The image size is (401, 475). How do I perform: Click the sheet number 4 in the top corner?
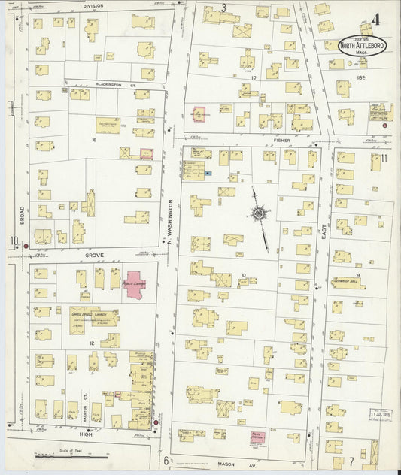[384, 17]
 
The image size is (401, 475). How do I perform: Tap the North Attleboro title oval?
[364, 46]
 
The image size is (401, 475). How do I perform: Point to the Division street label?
[93, 5]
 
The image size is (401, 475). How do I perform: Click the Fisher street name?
[282, 139]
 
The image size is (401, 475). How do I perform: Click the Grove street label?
[93, 256]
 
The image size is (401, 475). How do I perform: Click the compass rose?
[259, 213]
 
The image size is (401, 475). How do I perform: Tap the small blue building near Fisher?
[208, 173]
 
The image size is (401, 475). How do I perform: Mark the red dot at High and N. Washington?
[156, 422]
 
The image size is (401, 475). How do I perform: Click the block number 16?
[93, 140]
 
